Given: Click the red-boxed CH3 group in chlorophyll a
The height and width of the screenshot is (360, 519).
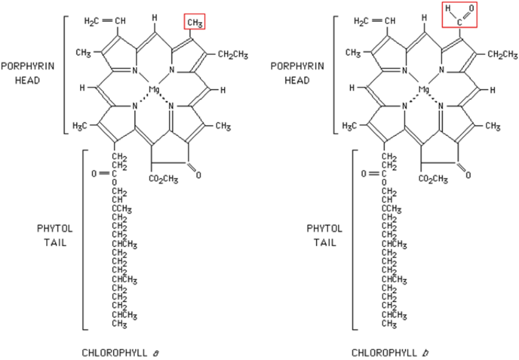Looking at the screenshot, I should (x=194, y=22).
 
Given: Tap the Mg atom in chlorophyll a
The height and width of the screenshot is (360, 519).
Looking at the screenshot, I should (x=153, y=90).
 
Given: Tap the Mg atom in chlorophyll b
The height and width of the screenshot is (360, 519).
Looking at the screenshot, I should (x=423, y=90).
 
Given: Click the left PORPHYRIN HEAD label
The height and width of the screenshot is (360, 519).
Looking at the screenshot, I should (x=28, y=73).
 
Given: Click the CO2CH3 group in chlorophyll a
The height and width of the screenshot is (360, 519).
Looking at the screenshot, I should (x=163, y=179).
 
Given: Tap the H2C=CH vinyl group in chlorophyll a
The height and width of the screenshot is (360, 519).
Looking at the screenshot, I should (x=105, y=21).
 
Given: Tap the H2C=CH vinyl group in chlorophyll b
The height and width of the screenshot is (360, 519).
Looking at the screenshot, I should (x=374, y=21).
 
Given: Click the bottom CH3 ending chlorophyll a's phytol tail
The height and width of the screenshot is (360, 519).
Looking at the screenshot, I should (x=119, y=324).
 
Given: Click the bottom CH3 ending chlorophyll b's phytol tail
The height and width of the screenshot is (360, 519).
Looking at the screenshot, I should (x=389, y=324).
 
